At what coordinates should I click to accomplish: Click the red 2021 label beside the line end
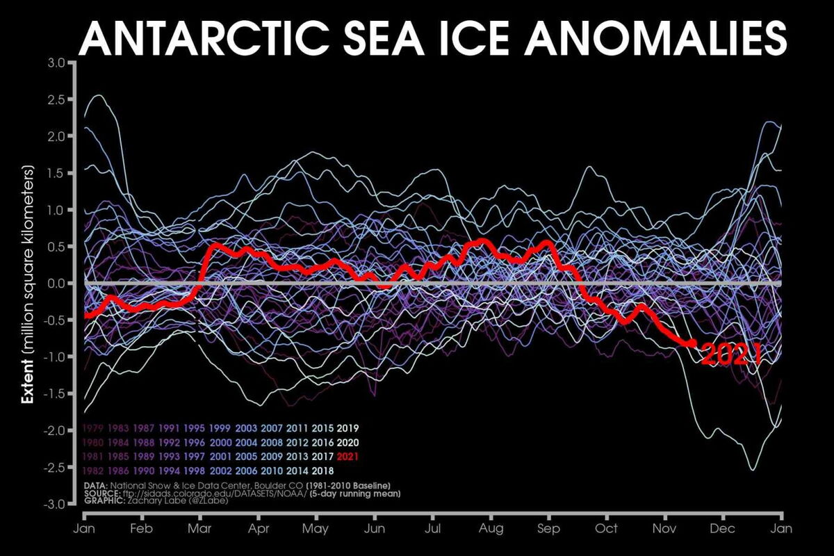(x=731, y=355)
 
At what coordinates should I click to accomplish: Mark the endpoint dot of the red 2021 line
(x=692, y=343)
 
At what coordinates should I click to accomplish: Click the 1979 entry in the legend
(x=93, y=428)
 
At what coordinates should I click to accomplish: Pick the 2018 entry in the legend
(x=323, y=471)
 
